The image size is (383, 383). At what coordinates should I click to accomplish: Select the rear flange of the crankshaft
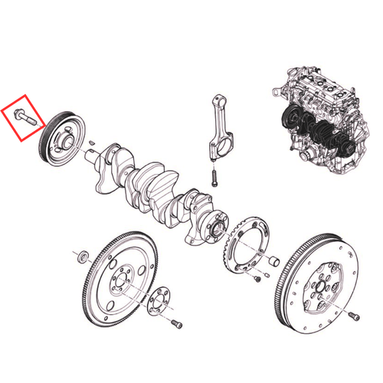(x=214, y=228)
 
